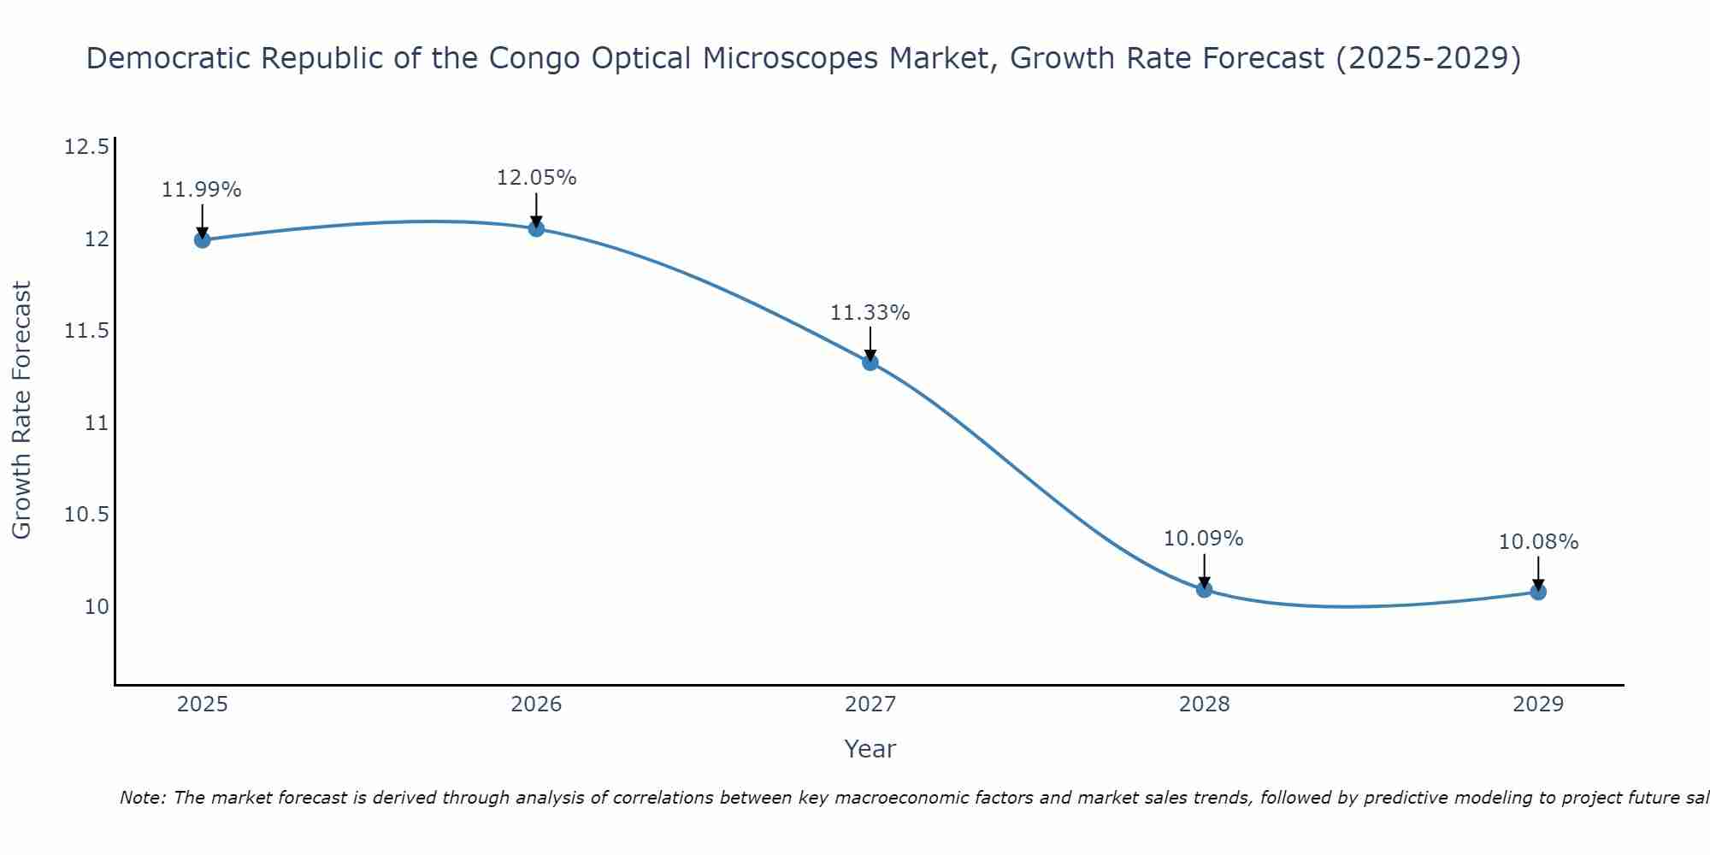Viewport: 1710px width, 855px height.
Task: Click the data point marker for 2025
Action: (203, 239)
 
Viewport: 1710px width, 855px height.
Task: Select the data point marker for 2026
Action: (536, 228)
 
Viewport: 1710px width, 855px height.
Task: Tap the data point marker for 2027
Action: (870, 362)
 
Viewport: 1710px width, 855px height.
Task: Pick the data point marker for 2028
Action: (1204, 589)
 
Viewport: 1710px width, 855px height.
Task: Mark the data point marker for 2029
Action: (1538, 592)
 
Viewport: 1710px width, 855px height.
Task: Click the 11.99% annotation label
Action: (202, 190)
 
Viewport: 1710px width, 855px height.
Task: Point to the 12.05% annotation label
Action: (536, 178)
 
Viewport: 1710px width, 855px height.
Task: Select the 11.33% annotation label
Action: (870, 313)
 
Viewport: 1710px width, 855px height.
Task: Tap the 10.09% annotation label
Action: (1204, 539)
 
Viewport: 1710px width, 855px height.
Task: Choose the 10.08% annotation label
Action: (1538, 542)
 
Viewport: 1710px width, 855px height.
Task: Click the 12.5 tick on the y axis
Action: (86, 147)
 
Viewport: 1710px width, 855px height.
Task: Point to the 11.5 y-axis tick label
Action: (86, 331)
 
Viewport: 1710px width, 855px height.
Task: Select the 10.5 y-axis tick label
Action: (86, 515)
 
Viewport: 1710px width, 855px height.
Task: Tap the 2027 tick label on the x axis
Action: (870, 705)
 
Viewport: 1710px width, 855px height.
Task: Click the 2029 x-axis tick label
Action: (1538, 705)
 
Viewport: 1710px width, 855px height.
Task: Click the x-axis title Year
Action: (870, 749)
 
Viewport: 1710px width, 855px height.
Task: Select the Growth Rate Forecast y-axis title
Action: (21, 410)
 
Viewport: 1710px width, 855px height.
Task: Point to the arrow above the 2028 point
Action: (1204, 571)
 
